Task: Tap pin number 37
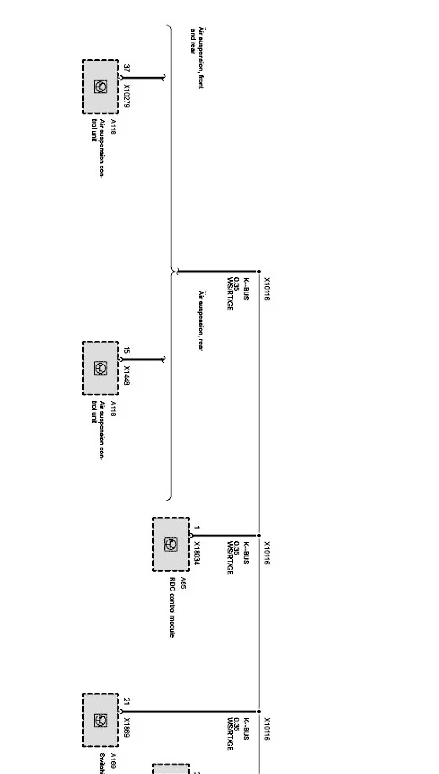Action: coord(127,69)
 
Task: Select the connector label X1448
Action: coord(127,376)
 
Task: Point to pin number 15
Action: coord(127,350)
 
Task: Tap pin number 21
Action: coord(127,701)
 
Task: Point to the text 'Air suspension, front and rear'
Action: coord(197,57)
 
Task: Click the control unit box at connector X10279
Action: coord(101,87)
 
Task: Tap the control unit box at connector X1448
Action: coord(101,368)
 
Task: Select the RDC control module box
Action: coord(171,544)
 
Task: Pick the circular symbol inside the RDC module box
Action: coord(171,544)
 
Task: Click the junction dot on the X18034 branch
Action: coord(259,536)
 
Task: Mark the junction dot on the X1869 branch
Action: coord(259,711)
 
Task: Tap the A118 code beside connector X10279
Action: coord(113,127)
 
